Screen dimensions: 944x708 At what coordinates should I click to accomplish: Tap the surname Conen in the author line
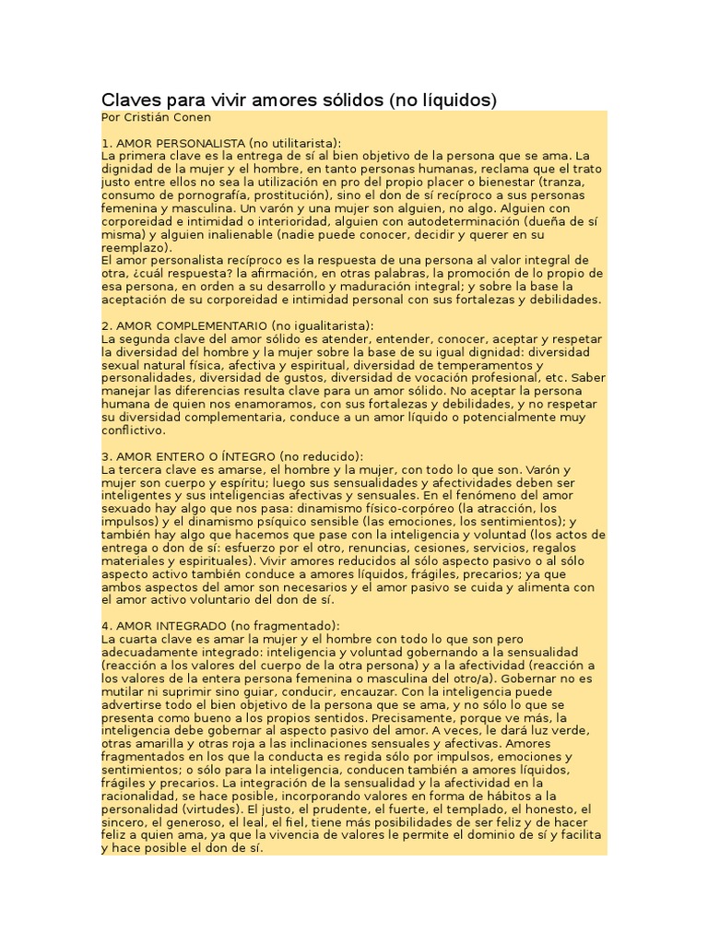coord(189,118)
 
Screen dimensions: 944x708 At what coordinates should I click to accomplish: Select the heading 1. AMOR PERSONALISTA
coord(173,144)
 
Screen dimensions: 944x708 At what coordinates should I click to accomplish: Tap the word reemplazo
coord(134,248)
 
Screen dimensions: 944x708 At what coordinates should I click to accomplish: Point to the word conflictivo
coord(132,431)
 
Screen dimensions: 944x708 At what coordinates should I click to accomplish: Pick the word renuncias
coord(342,548)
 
